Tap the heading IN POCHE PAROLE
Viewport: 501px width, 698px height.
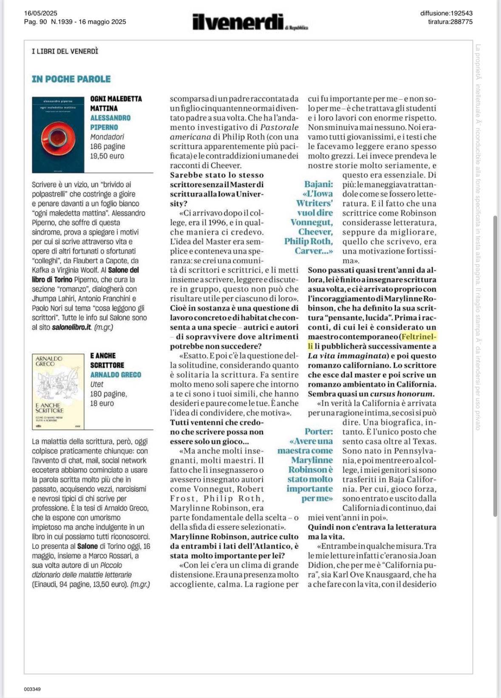(71, 79)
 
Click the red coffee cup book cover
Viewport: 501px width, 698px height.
(58, 135)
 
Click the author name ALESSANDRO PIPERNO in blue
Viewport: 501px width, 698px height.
(110, 123)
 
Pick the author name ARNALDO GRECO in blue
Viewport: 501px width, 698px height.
(116, 375)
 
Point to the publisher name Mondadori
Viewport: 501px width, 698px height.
(107, 137)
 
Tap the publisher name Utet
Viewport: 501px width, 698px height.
(97, 384)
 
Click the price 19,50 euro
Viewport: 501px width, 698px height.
(107, 156)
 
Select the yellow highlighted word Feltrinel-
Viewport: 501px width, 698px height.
(419, 337)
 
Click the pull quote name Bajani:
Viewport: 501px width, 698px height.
(318, 184)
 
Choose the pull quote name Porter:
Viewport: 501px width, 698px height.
(318, 432)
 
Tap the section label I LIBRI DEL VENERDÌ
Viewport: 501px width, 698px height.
(65, 51)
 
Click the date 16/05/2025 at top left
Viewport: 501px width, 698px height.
(41, 13)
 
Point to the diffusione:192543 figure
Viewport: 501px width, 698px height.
(446, 13)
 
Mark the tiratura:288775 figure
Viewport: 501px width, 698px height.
(450, 22)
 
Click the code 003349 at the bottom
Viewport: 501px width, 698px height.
(32, 689)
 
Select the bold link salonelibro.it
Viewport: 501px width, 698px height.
(71, 327)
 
